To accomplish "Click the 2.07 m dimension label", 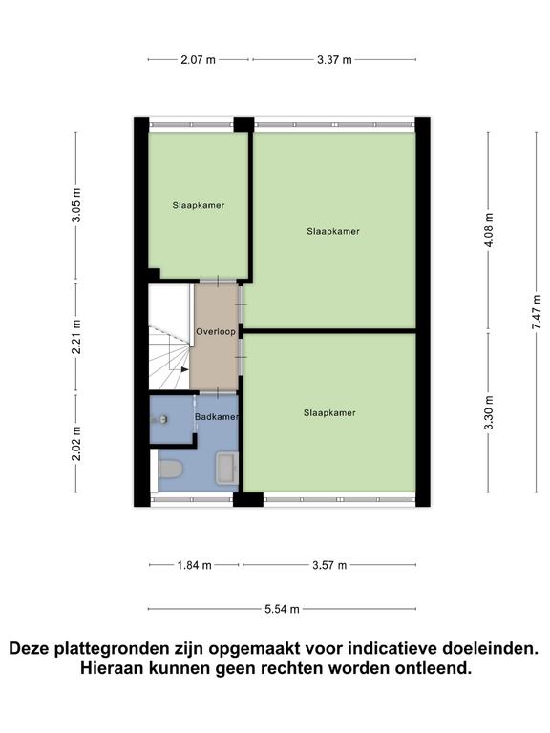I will pyautogui.click(x=199, y=60).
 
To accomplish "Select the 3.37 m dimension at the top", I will pyautogui.click(x=334, y=60).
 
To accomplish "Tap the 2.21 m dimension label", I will pyautogui.click(x=76, y=337).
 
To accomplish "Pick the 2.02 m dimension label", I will pyautogui.click(x=76, y=443).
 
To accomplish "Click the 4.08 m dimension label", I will pyautogui.click(x=489, y=232).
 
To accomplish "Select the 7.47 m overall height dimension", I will pyautogui.click(x=538, y=312).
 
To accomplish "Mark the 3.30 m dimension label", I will pyautogui.click(x=489, y=413).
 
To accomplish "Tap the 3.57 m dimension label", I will pyautogui.click(x=328, y=564).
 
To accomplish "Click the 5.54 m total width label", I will pyautogui.click(x=283, y=609).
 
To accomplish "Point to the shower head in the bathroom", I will pyautogui.click(x=164, y=419).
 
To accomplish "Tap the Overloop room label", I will pyautogui.click(x=215, y=332).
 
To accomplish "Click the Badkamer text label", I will pyautogui.click(x=217, y=417).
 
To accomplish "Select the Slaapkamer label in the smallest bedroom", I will pyautogui.click(x=199, y=205).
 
